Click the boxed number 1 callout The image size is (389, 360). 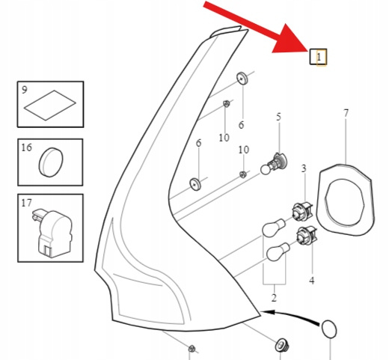(318, 57)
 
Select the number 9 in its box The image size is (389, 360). (24, 90)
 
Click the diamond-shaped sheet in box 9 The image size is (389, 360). (50, 106)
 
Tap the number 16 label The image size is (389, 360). (26, 147)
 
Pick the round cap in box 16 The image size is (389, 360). (51, 162)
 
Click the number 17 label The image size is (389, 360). (26, 203)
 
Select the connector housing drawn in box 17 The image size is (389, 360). (52, 234)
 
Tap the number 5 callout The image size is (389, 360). (278, 117)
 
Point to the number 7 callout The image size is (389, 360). (346, 113)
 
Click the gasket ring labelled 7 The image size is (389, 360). (346, 200)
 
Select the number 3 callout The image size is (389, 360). (304, 168)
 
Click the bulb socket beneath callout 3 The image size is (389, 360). (302, 212)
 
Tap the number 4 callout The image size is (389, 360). (312, 281)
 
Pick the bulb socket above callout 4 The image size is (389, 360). (307, 235)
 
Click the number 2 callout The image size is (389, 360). (274, 298)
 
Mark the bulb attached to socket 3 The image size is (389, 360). (274, 228)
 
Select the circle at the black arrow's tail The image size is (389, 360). (329, 329)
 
